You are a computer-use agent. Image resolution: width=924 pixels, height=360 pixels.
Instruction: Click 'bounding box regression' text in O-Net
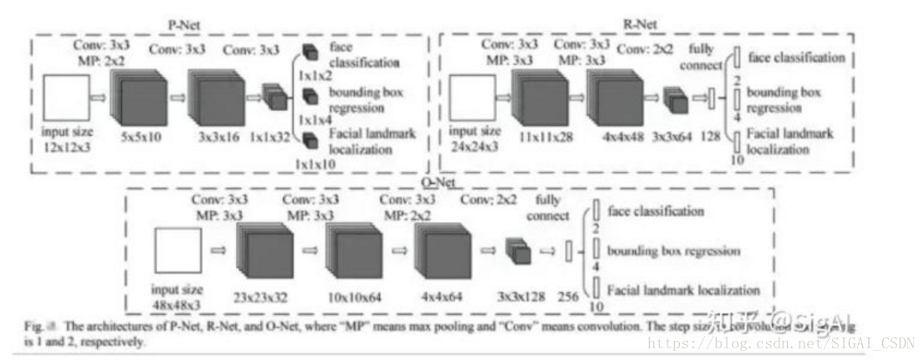673,251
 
